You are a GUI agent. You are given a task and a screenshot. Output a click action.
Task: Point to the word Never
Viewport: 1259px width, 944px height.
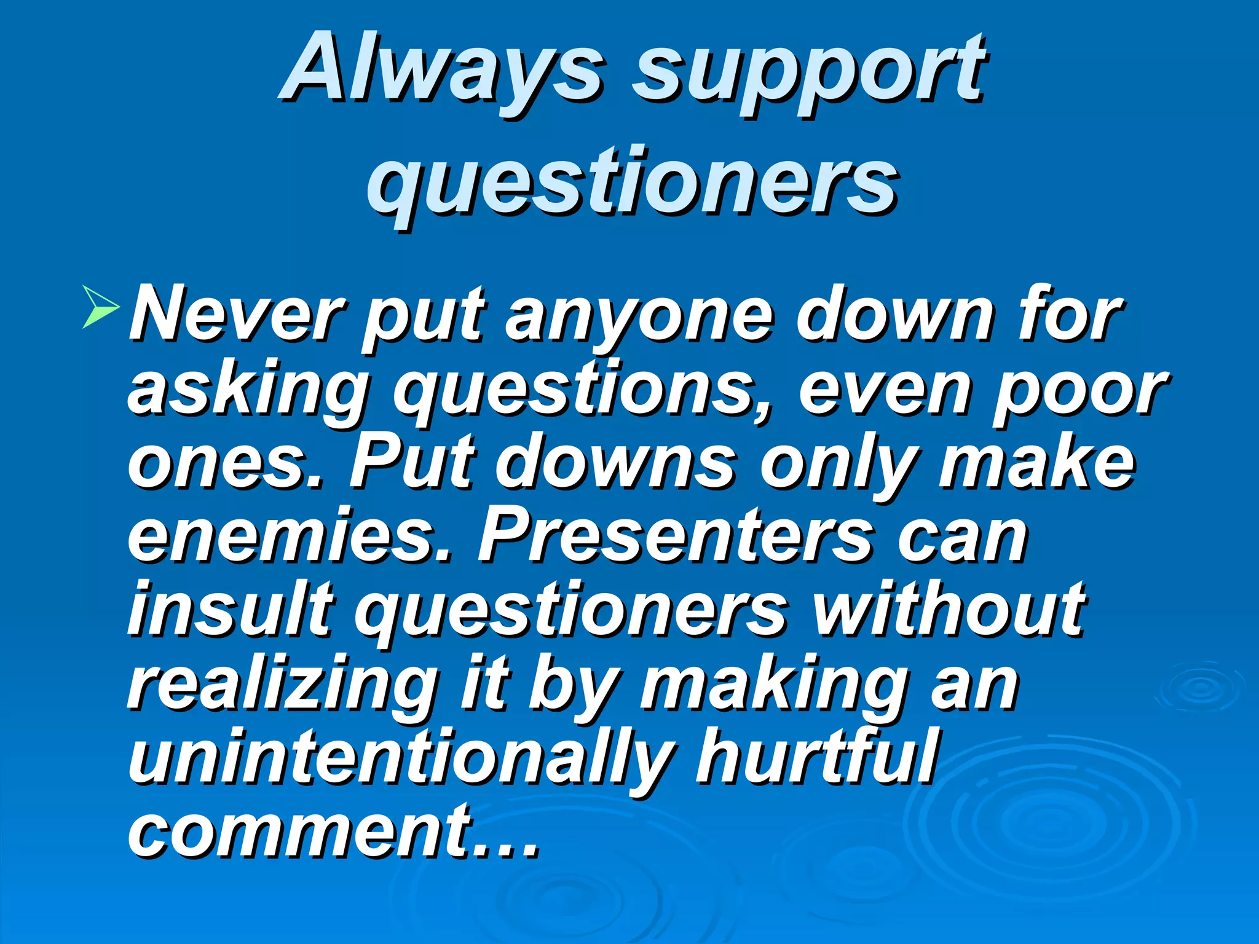pyautogui.click(x=237, y=315)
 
